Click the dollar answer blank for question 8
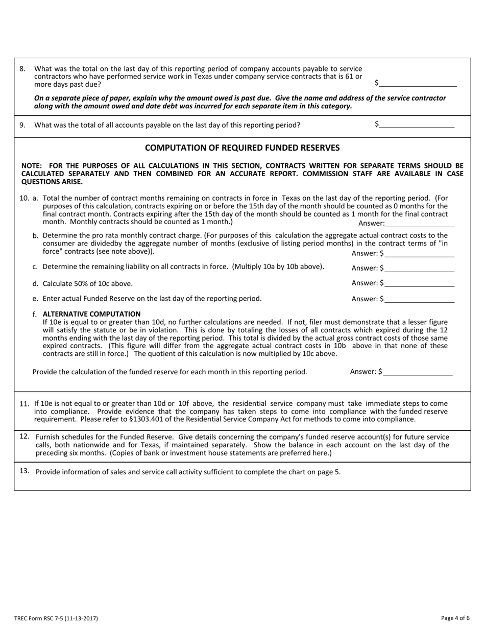pos(417,83)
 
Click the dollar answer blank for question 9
pos(416,124)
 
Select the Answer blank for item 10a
pos(420,223)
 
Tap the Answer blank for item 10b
pos(420,253)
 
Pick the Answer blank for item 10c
pos(420,268)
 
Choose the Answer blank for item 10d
pos(420,283)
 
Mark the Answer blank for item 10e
pos(420,299)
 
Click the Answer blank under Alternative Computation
pos(418,372)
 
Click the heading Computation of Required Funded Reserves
pos(243,148)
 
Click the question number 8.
pos(22,68)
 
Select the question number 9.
pos(22,125)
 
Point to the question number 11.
pos(24,404)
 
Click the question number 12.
pos(24,437)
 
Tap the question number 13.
pos(24,471)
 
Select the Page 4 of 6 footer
pos(455,618)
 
